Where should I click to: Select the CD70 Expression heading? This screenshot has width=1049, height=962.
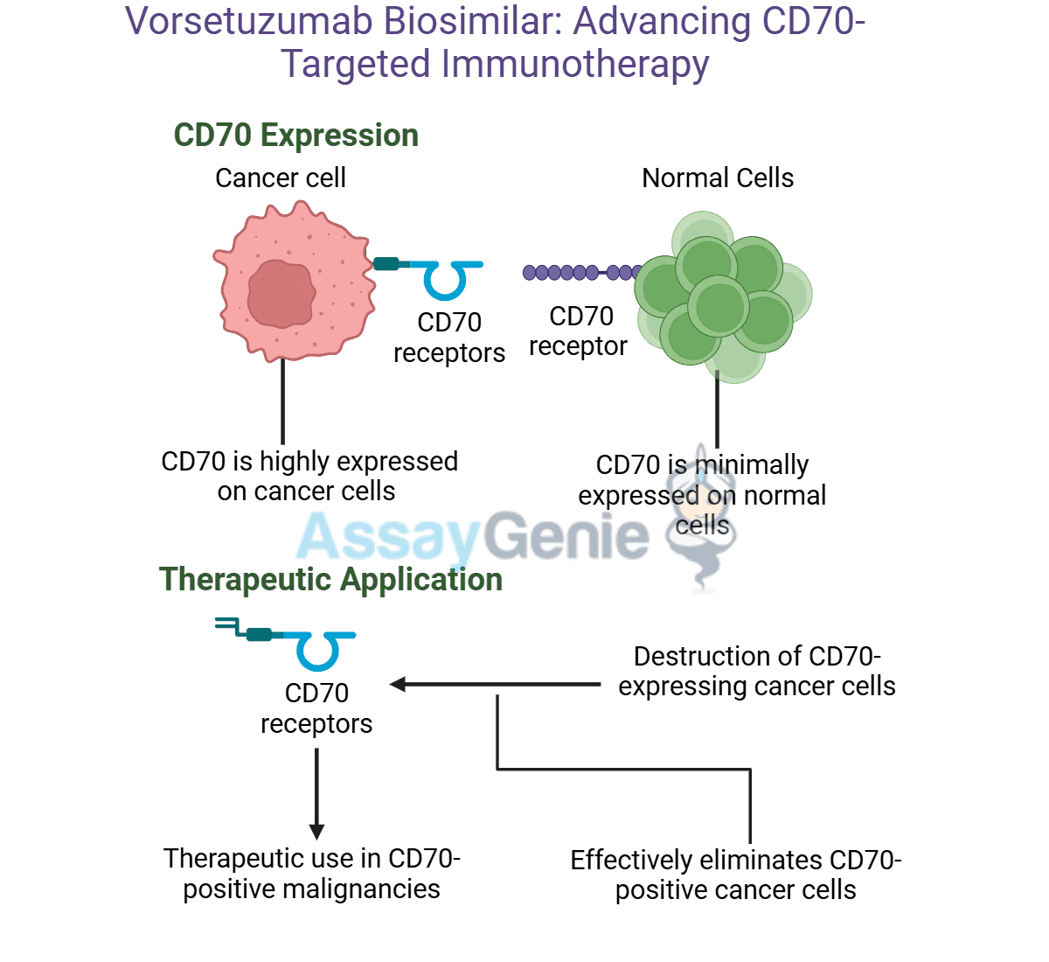tap(295, 136)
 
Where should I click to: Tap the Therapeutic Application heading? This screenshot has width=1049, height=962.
tap(330, 580)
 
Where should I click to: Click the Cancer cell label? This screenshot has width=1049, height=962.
tap(280, 178)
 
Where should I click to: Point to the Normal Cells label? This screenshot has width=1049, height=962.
tap(717, 178)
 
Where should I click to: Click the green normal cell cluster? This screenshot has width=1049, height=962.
tap(721, 297)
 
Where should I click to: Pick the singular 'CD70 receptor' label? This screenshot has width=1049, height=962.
tap(579, 331)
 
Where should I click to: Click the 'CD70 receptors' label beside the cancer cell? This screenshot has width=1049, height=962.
tap(448, 338)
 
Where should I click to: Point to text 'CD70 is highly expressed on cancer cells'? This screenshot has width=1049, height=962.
tap(309, 476)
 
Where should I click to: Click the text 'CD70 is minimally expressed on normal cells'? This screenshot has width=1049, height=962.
tap(702, 495)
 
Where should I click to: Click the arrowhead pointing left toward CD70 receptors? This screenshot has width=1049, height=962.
tap(398, 684)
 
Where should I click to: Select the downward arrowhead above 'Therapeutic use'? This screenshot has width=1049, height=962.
tap(316, 831)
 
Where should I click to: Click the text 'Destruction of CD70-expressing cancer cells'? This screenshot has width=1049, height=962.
tap(756, 671)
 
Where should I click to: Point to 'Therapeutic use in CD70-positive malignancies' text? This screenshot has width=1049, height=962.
tap(311, 873)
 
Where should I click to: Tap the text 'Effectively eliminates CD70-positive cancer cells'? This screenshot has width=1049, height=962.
tap(735, 875)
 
